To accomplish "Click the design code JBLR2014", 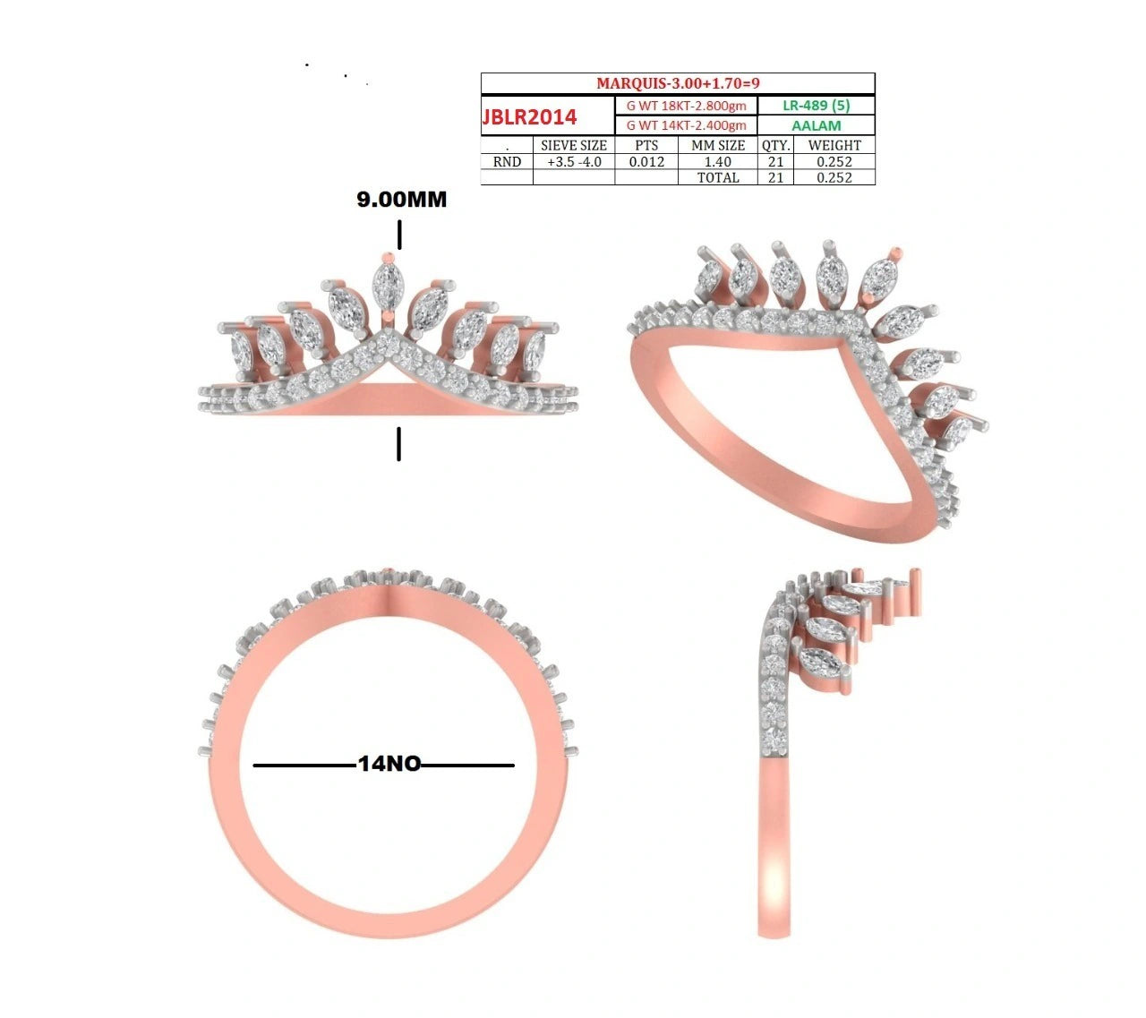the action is coord(529,116).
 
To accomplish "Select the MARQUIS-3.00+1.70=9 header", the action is coord(678,83).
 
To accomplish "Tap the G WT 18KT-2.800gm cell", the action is coord(686,106).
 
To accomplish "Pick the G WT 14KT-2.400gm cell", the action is coord(686,125).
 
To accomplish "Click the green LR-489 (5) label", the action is coord(816,106).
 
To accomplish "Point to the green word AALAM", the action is coord(816,125).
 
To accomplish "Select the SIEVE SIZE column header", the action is coord(574,145).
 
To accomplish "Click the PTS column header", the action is coord(646,145).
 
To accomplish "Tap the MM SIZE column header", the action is coord(718,145).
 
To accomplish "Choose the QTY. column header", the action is coord(775,145).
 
